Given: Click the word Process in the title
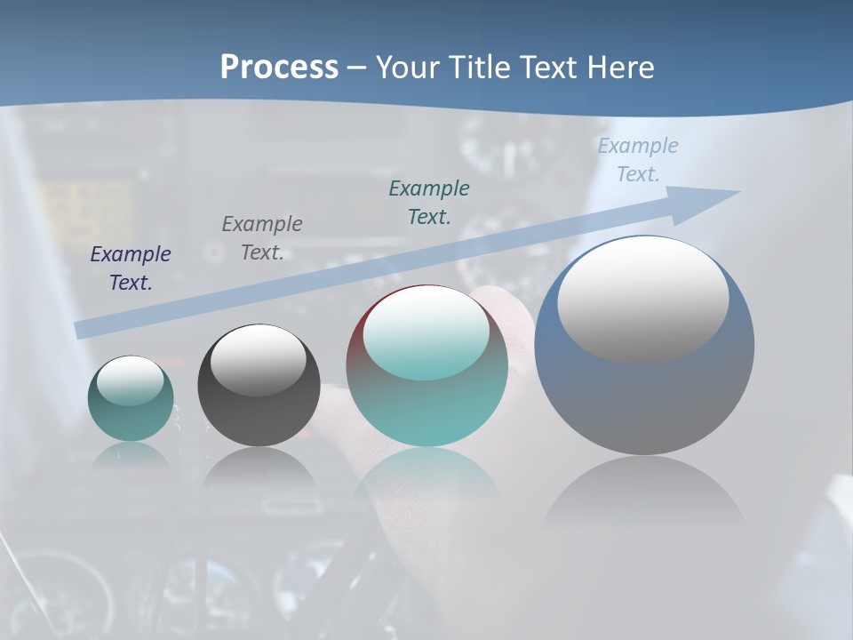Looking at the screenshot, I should coord(279,68).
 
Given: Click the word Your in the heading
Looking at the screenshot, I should coord(406,68).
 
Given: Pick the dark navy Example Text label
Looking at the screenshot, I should coord(130,268).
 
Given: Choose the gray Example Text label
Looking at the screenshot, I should coord(262,238).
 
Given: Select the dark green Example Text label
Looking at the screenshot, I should coord(429,203).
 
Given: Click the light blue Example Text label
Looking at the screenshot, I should coord(638,160).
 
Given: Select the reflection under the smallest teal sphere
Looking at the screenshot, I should coord(131,456).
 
